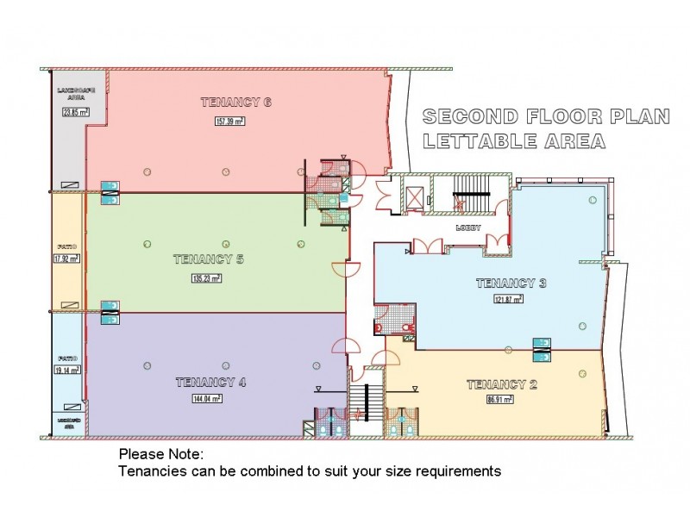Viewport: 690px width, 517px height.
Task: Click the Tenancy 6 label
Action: pyautogui.click(x=236, y=103)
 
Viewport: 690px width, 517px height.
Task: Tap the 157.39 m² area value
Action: pyautogui.click(x=230, y=121)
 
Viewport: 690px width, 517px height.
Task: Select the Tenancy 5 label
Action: pyautogui.click(x=209, y=258)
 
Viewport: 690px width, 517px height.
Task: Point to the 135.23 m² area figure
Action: pyautogui.click(x=206, y=278)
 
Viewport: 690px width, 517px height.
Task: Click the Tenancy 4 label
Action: pyautogui.click(x=211, y=383)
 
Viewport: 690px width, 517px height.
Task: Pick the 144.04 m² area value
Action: pyautogui.click(x=207, y=399)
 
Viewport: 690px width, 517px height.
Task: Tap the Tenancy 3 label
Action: pyautogui.click(x=511, y=283)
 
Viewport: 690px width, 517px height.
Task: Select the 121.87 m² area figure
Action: pyautogui.click(x=510, y=300)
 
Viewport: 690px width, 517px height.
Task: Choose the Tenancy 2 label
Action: pyautogui.click(x=502, y=384)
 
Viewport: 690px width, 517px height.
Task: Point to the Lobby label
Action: pyautogui.click(x=468, y=228)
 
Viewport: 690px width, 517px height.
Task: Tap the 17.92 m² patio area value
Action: pyautogui.click(x=66, y=258)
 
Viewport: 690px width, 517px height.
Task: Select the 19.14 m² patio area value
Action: pyautogui.click(x=66, y=371)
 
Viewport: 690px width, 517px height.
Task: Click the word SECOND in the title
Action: pyautogui.click(x=470, y=117)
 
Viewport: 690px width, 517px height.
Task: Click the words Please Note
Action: pyautogui.click(x=160, y=454)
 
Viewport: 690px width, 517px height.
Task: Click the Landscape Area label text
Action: pyautogui.click(x=68, y=94)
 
